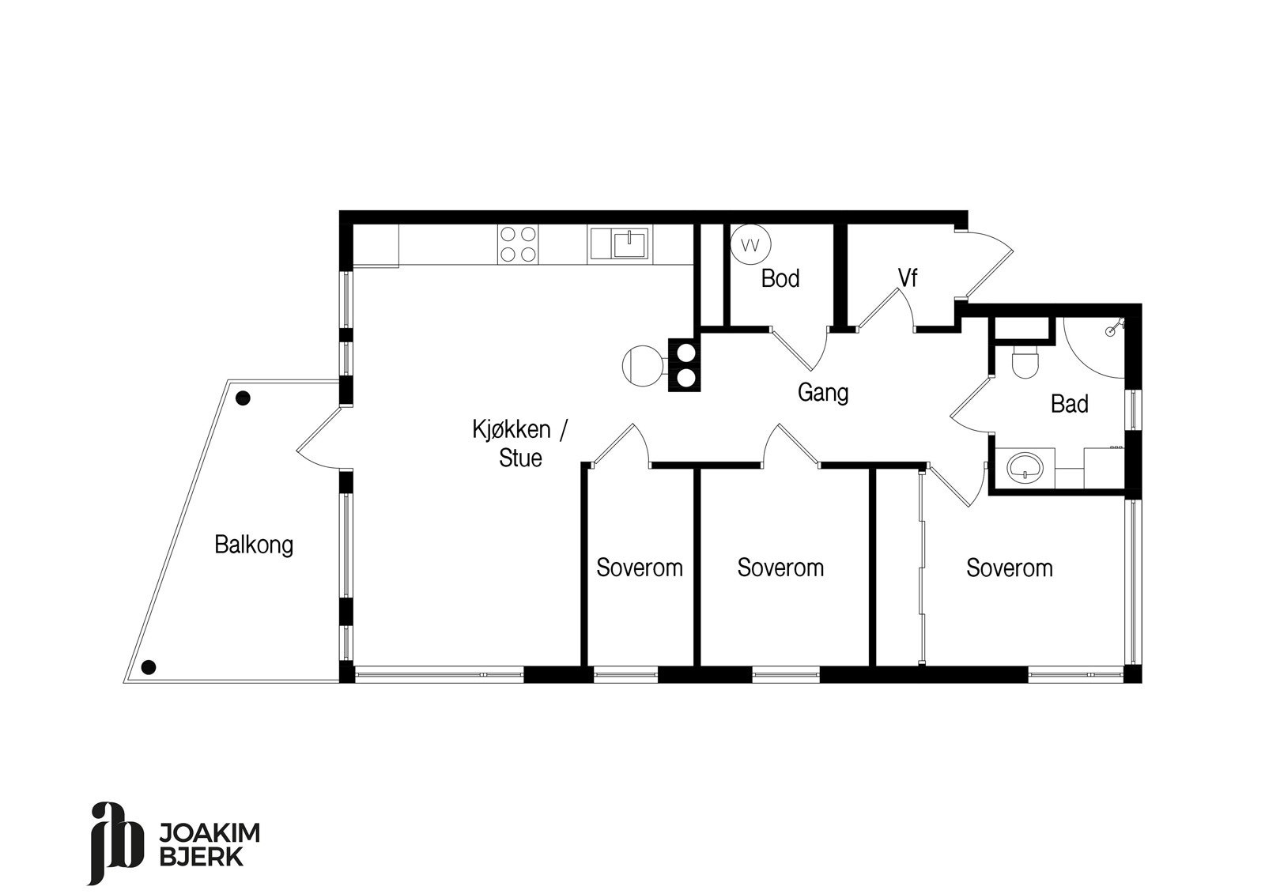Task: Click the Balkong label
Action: click(x=254, y=545)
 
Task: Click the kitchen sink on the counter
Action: click(x=630, y=243)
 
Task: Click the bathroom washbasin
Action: click(x=1025, y=468)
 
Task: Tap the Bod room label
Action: click(x=780, y=278)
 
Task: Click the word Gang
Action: click(x=822, y=392)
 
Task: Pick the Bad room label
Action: click(x=1069, y=404)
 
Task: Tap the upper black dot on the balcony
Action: click(x=244, y=398)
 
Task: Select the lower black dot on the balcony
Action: click(x=149, y=667)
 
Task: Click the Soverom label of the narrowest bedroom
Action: click(x=640, y=568)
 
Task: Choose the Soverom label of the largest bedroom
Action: click(x=1010, y=568)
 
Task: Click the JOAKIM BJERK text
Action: click(x=210, y=844)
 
